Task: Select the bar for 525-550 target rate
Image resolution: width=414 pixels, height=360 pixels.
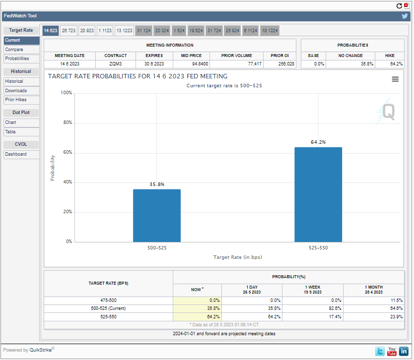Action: click(x=318, y=194)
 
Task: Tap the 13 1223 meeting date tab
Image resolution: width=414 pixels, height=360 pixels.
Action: click(x=124, y=31)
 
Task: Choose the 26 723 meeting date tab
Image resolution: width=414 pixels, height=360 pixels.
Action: click(x=69, y=31)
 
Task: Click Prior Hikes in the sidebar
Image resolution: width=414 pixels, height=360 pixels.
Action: click(x=16, y=100)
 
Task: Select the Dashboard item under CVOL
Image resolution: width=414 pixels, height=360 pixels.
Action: click(x=16, y=154)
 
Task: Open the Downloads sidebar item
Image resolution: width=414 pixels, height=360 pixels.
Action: click(x=16, y=91)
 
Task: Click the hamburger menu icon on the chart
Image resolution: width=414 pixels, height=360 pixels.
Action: click(x=395, y=79)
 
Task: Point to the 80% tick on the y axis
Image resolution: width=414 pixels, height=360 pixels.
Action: click(x=66, y=122)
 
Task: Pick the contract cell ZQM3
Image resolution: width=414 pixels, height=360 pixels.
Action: click(x=115, y=64)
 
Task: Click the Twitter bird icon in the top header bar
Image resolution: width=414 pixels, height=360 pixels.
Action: click(x=405, y=16)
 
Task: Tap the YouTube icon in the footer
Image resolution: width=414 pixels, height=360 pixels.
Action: click(x=392, y=352)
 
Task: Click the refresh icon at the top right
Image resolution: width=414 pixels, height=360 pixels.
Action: click(x=399, y=5)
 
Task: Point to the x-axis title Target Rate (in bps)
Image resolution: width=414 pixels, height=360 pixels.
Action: click(x=238, y=257)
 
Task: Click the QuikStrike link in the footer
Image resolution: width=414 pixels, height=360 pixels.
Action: click(x=41, y=350)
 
